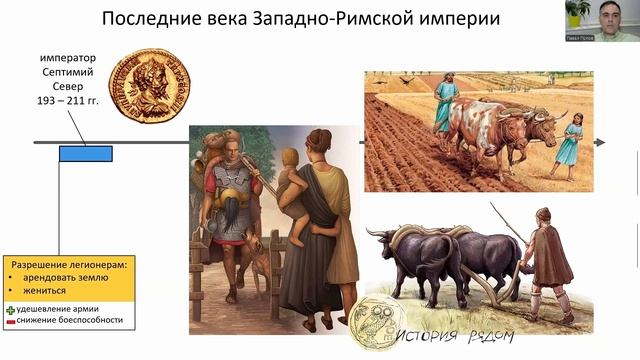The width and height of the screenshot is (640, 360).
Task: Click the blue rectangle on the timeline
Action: coord(85,153)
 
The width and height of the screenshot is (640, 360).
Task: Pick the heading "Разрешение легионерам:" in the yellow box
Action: coord(69,263)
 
